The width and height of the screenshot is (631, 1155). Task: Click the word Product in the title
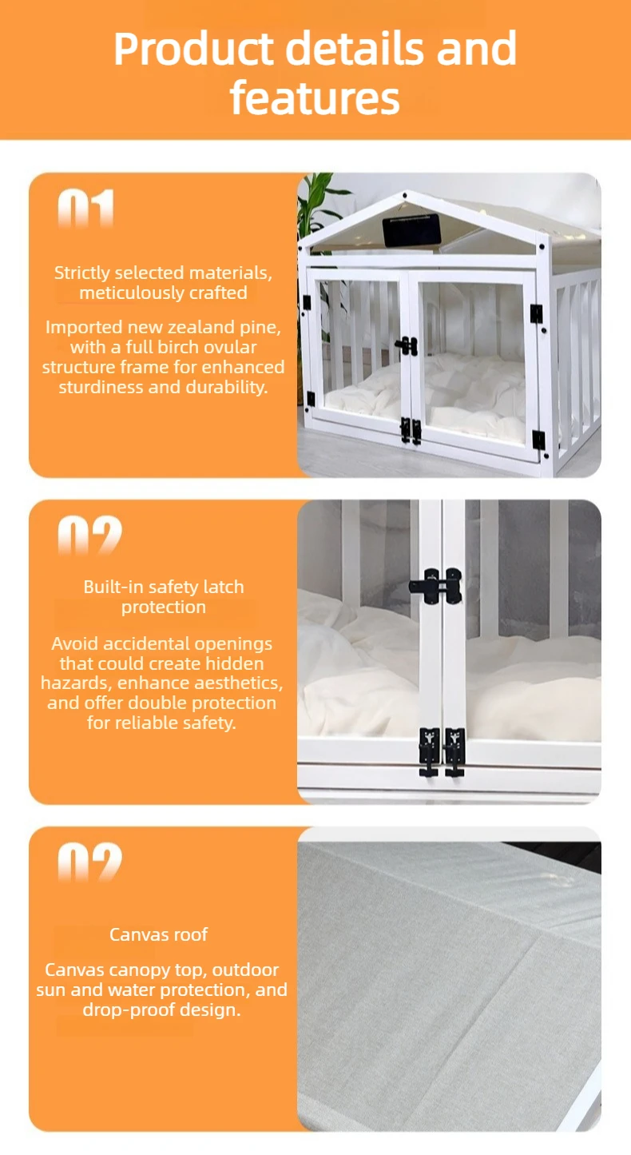(x=193, y=49)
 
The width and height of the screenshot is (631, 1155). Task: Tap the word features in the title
(x=315, y=98)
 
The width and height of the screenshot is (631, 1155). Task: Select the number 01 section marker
(x=85, y=209)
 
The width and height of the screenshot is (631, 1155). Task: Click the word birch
(x=179, y=347)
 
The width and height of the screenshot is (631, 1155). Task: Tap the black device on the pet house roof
(x=411, y=230)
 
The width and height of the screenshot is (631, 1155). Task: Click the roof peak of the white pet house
(x=405, y=194)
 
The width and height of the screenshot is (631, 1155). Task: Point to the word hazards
(x=76, y=683)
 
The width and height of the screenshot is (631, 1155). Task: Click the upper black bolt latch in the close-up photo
(x=435, y=586)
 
